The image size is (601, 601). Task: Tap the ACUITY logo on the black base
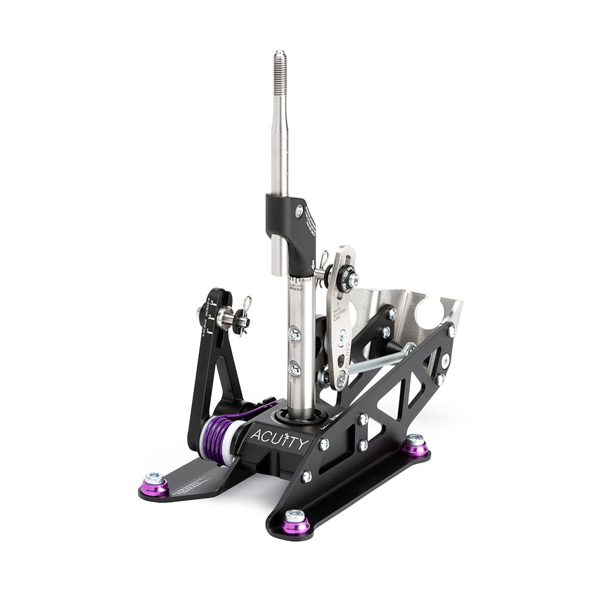[x=278, y=439]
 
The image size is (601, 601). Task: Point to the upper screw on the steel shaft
[x=295, y=335]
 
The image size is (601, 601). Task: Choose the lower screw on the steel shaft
[x=295, y=370]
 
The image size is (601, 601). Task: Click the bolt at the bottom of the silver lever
[x=340, y=379]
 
